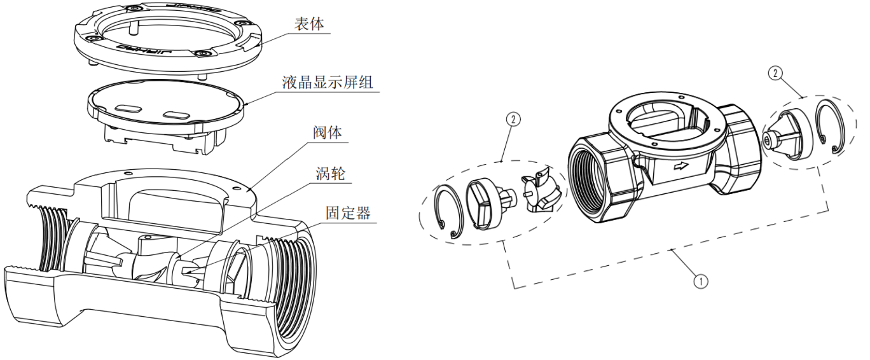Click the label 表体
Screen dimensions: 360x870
pyautogui.click(x=310, y=25)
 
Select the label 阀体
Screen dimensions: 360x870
pyautogui.click(x=328, y=135)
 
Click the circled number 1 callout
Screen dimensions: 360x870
pyautogui.click(x=700, y=280)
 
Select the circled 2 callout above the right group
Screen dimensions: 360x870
pyautogui.click(x=775, y=74)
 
